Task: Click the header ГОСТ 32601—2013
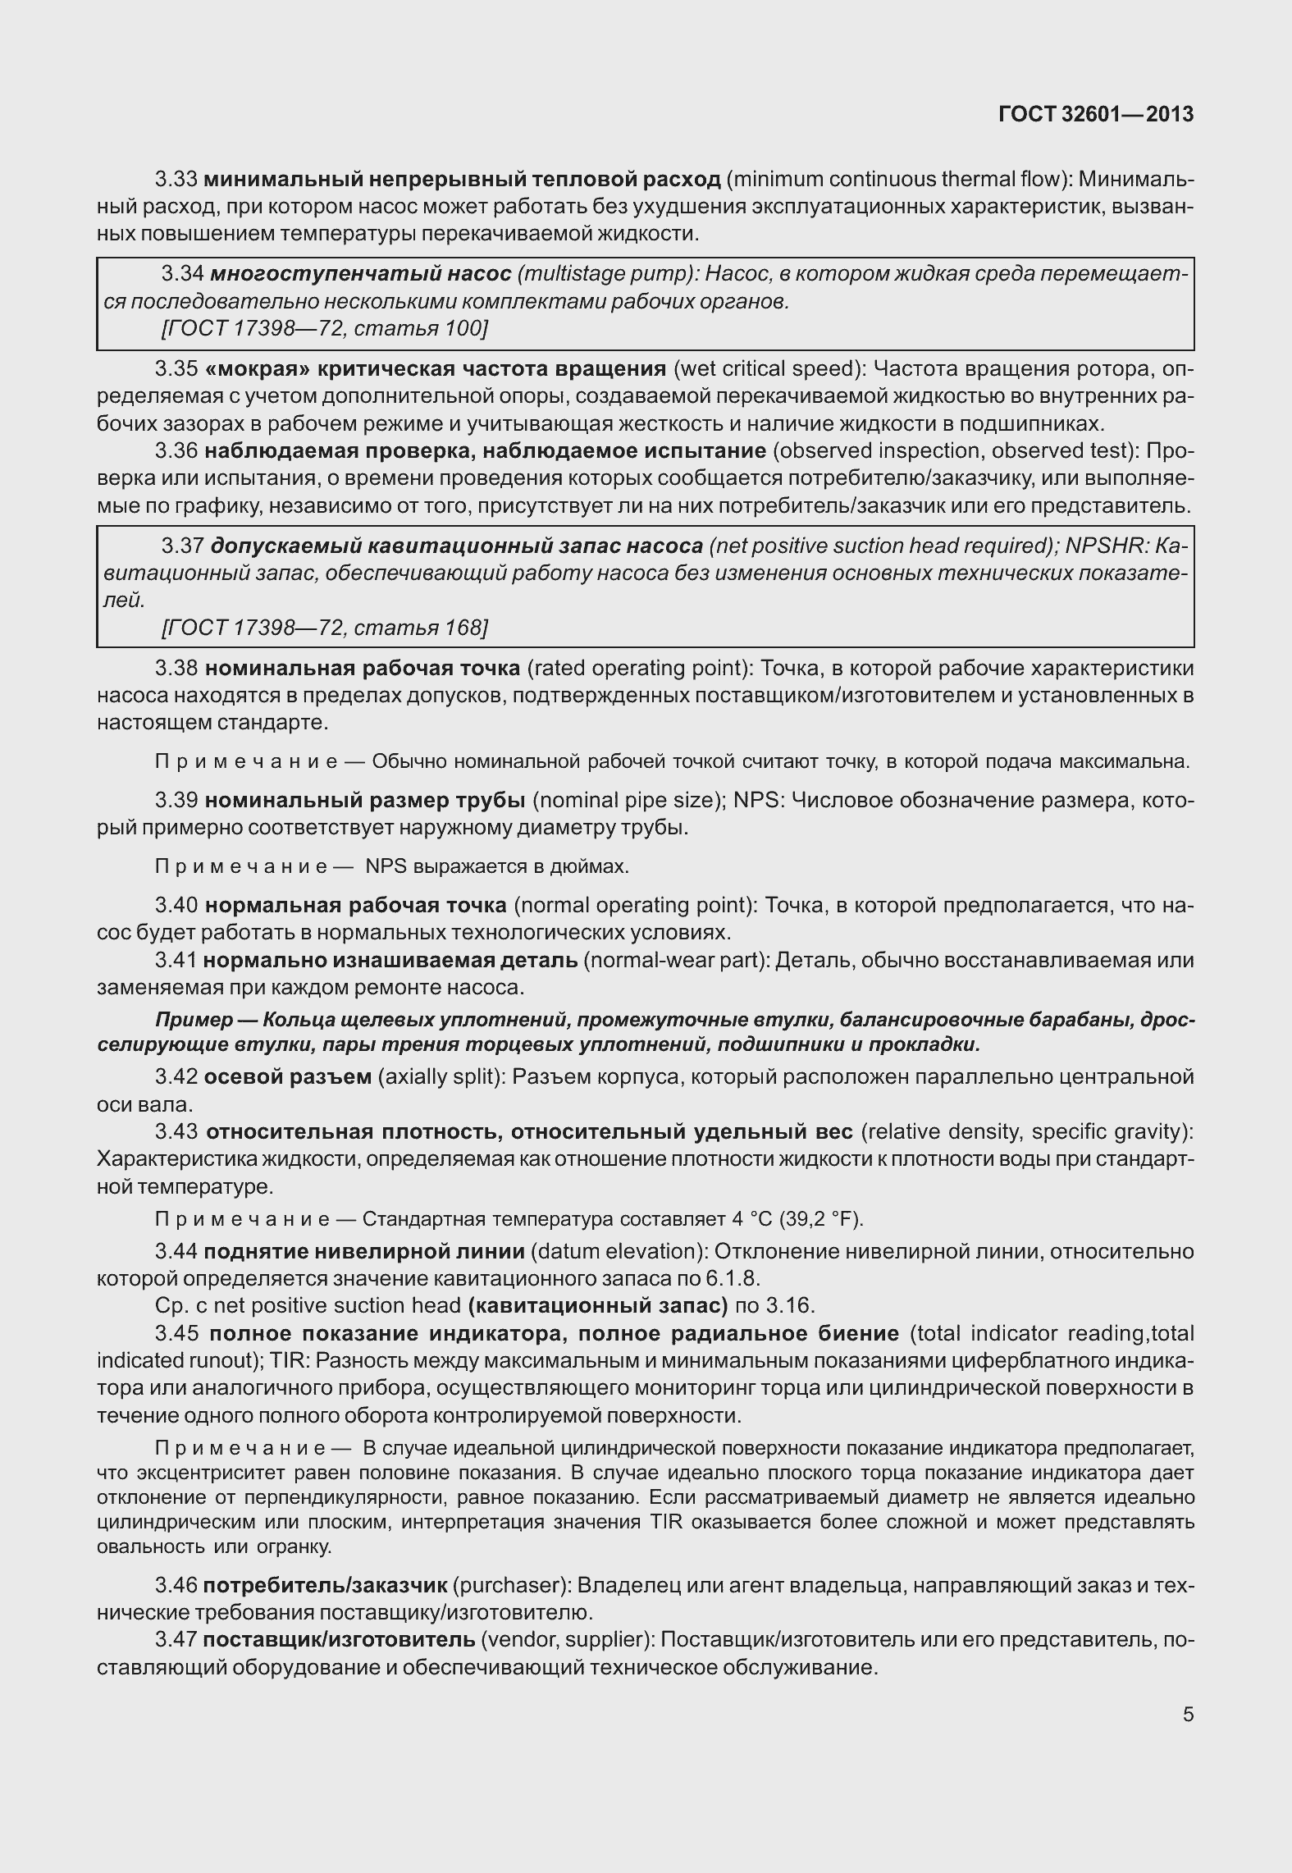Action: coord(1096,114)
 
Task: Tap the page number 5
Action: coord(1188,1714)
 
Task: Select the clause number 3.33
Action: coord(176,179)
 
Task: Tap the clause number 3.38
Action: coord(176,668)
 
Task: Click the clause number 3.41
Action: coord(176,960)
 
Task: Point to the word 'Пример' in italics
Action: coord(194,1020)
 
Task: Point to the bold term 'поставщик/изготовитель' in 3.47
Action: coord(339,1640)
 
